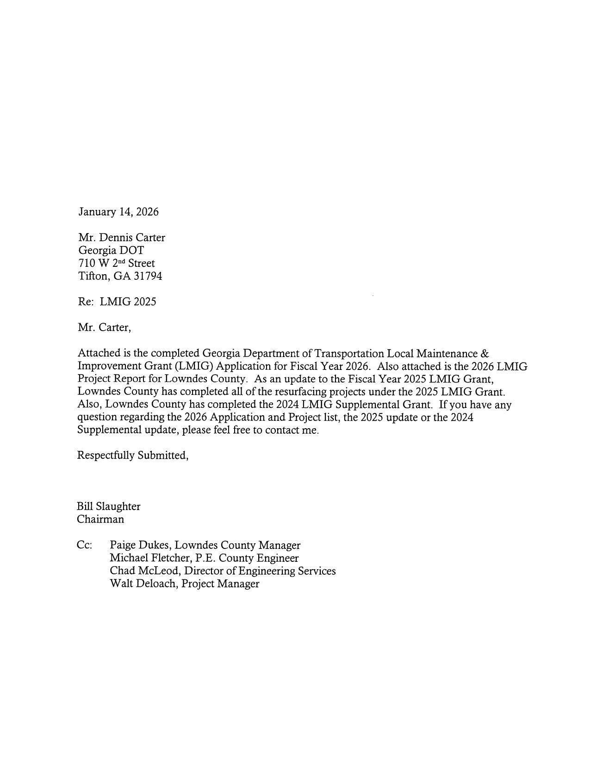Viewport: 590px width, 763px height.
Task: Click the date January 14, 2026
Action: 118,212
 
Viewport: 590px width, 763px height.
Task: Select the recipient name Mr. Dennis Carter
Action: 121,238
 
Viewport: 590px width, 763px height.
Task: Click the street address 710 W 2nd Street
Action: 117,264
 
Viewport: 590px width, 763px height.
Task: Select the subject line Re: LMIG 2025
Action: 117,302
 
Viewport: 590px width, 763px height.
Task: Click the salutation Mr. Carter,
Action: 104,328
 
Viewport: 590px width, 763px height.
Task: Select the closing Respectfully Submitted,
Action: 132,455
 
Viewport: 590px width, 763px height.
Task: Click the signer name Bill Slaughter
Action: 108,506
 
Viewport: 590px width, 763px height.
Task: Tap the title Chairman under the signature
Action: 100,519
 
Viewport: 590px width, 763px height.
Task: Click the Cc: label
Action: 84,545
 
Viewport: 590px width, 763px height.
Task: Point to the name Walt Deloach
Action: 143,584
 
